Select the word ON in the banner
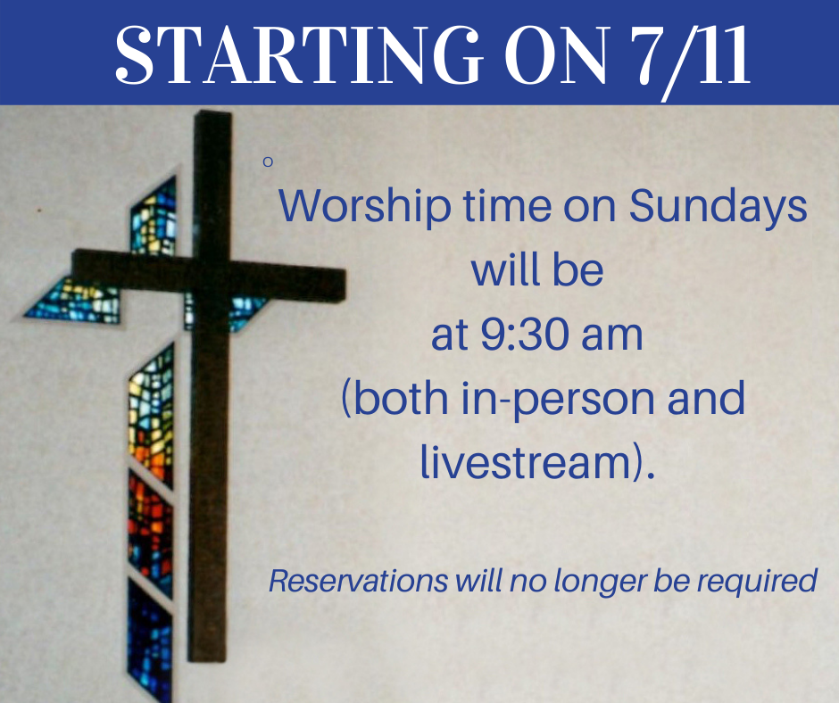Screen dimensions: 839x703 (x=557, y=54)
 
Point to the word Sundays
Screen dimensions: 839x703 (x=718, y=208)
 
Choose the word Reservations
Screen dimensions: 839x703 (x=358, y=581)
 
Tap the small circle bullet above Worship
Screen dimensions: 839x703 (x=268, y=161)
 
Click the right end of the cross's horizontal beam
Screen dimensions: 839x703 (x=345, y=284)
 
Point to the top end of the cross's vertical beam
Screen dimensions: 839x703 (x=213, y=112)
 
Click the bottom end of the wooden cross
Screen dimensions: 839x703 (x=206, y=659)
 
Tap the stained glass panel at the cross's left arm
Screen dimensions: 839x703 (x=72, y=302)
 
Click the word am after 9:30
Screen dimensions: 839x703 (x=611, y=336)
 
